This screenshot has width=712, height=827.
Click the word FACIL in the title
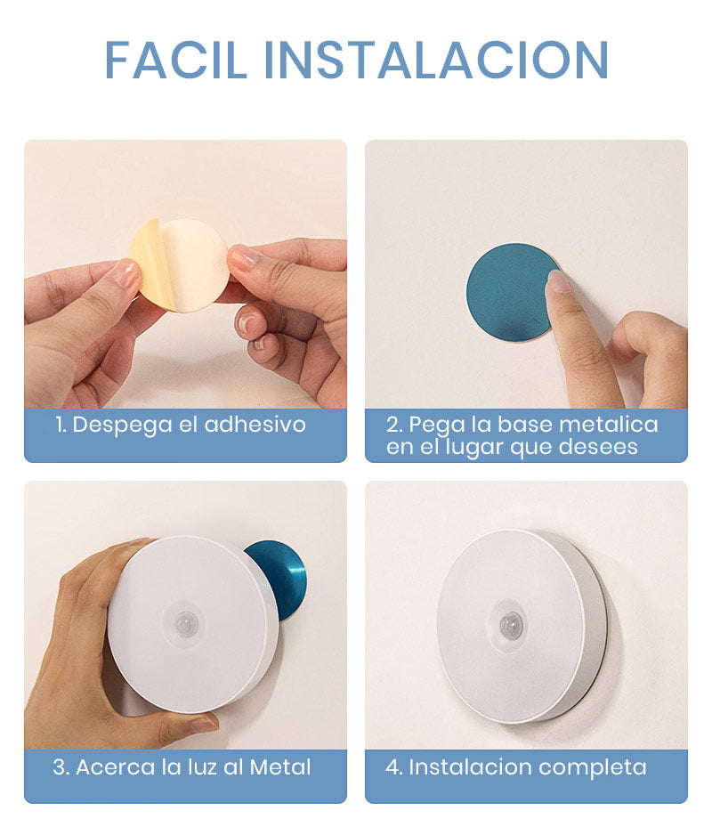177,60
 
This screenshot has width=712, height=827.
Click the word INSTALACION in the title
436,60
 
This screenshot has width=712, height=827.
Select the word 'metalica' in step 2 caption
614,425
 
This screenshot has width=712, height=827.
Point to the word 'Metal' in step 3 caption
280,766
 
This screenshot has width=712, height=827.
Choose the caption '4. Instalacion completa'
516,766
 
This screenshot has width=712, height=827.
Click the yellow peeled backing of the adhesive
150,262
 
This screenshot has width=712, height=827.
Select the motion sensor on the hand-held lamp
185,623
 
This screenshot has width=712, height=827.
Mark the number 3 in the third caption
59,766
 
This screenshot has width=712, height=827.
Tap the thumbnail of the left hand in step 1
127,274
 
